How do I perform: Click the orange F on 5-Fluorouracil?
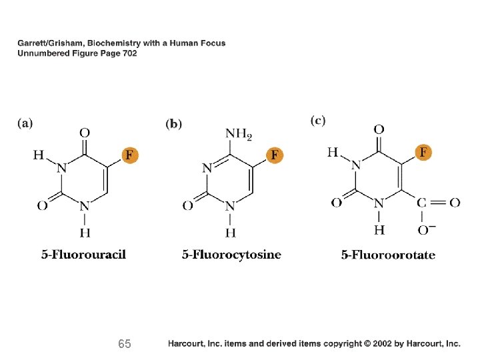(131, 155)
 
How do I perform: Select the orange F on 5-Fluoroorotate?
(423, 153)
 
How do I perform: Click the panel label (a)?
(25, 123)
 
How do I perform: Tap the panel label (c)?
(318, 120)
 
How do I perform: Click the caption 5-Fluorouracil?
(84, 254)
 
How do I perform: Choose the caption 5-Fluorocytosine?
(231, 254)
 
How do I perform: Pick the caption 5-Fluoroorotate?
(388, 254)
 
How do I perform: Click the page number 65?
(124, 344)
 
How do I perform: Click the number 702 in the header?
(129, 53)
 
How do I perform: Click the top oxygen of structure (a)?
(85, 133)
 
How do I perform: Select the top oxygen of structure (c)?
(378, 129)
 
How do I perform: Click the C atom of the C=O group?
(423, 203)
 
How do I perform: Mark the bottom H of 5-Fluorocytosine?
(230, 233)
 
